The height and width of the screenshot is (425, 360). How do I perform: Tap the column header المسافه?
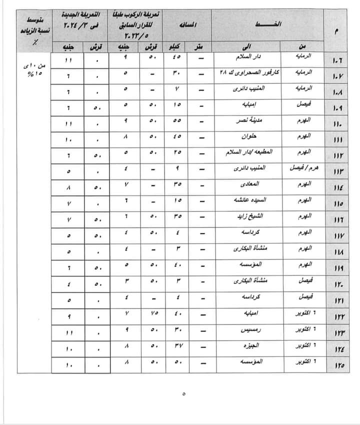click(x=187, y=24)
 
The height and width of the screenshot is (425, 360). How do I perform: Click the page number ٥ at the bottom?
click(x=183, y=394)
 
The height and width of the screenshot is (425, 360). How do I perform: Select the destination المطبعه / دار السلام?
click(x=249, y=152)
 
